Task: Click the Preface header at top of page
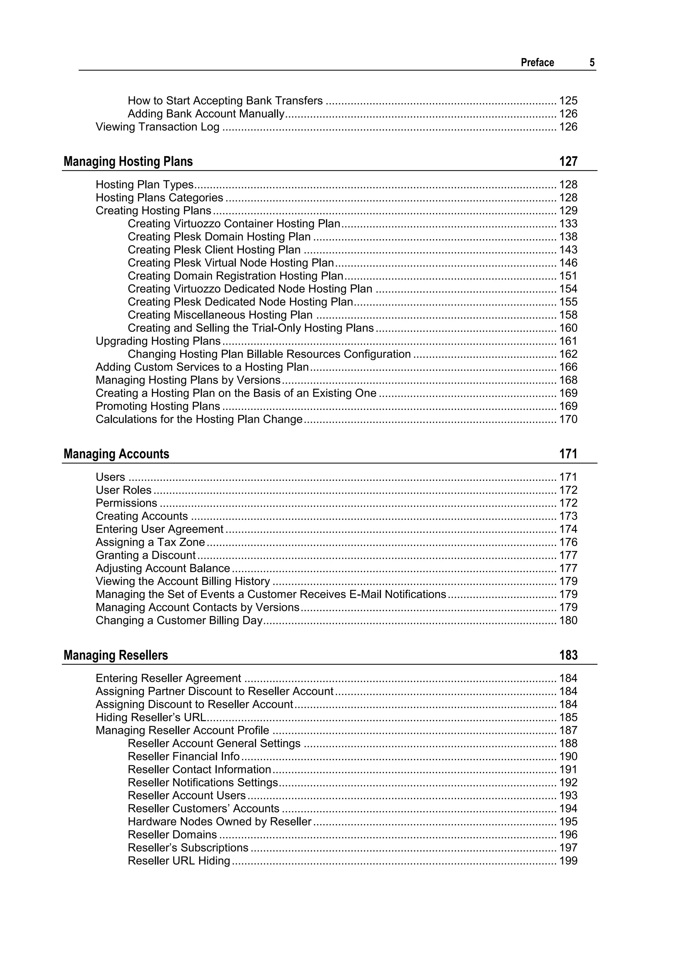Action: [x=537, y=62]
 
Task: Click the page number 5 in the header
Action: [x=592, y=62]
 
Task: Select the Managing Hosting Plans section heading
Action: [x=128, y=161]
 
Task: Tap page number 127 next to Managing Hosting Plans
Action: [x=568, y=161]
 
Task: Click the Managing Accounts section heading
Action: [x=116, y=454]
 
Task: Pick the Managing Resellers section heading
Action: [x=116, y=655]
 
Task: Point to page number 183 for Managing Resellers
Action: [x=568, y=655]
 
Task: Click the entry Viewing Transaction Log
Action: [x=158, y=127]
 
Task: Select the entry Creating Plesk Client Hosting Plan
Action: [x=214, y=250]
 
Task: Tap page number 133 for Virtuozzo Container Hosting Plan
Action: [x=568, y=223]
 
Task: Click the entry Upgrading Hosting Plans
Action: [x=158, y=341]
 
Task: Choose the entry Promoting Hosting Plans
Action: [x=158, y=406]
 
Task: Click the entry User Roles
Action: [x=124, y=490]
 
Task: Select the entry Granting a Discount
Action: [x=145, y=555]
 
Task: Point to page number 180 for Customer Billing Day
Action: [x=568, y=621]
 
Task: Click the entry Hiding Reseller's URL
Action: [x=151, y=717]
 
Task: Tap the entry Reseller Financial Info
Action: [x=184, y=756]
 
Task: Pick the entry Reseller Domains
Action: [x=172, y=834]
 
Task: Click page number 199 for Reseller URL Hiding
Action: [x=568, y=860]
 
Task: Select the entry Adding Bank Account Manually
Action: [x=206, y=114]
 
